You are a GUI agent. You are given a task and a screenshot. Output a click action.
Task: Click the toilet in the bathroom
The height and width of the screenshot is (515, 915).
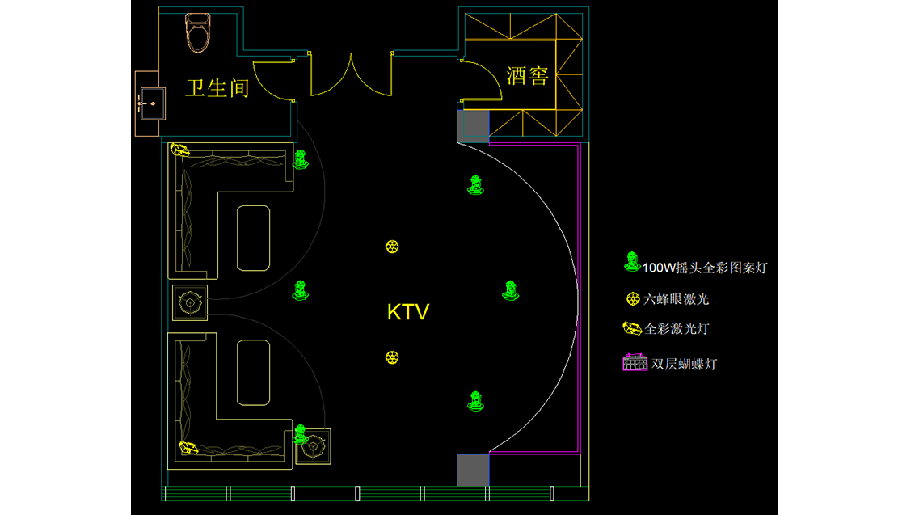198,32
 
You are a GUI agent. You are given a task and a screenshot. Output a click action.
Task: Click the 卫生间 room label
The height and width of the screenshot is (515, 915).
217,87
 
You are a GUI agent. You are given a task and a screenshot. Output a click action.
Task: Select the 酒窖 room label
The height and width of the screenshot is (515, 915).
528,76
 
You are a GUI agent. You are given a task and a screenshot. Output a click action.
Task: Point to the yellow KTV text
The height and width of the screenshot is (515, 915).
408,312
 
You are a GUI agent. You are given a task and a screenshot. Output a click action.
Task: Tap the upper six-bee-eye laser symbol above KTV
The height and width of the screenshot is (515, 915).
392,247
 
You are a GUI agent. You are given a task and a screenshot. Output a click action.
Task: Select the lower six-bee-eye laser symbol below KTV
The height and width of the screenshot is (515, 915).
392,357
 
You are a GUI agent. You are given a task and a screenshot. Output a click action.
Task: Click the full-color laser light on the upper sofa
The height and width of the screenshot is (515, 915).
179,150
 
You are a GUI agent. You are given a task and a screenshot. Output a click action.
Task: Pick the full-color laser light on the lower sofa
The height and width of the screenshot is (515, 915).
188,446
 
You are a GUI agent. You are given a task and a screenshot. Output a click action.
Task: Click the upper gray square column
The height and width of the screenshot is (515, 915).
473,126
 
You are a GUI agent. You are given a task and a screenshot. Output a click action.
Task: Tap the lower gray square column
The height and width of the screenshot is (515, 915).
473,470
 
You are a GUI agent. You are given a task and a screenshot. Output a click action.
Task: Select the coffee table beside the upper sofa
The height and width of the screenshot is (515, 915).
252,238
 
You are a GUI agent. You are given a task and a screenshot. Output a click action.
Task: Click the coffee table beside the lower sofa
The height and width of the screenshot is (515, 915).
252,372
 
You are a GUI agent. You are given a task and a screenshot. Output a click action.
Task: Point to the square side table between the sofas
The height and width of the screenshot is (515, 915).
190,303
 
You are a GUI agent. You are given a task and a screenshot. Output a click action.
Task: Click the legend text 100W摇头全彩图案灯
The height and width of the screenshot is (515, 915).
704,268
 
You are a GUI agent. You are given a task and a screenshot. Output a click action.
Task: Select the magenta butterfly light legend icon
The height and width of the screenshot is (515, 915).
635,362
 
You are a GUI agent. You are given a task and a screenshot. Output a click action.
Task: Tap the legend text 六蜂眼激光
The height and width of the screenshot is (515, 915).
677,299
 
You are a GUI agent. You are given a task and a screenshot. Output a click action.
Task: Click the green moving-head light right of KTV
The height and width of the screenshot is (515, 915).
510,290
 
